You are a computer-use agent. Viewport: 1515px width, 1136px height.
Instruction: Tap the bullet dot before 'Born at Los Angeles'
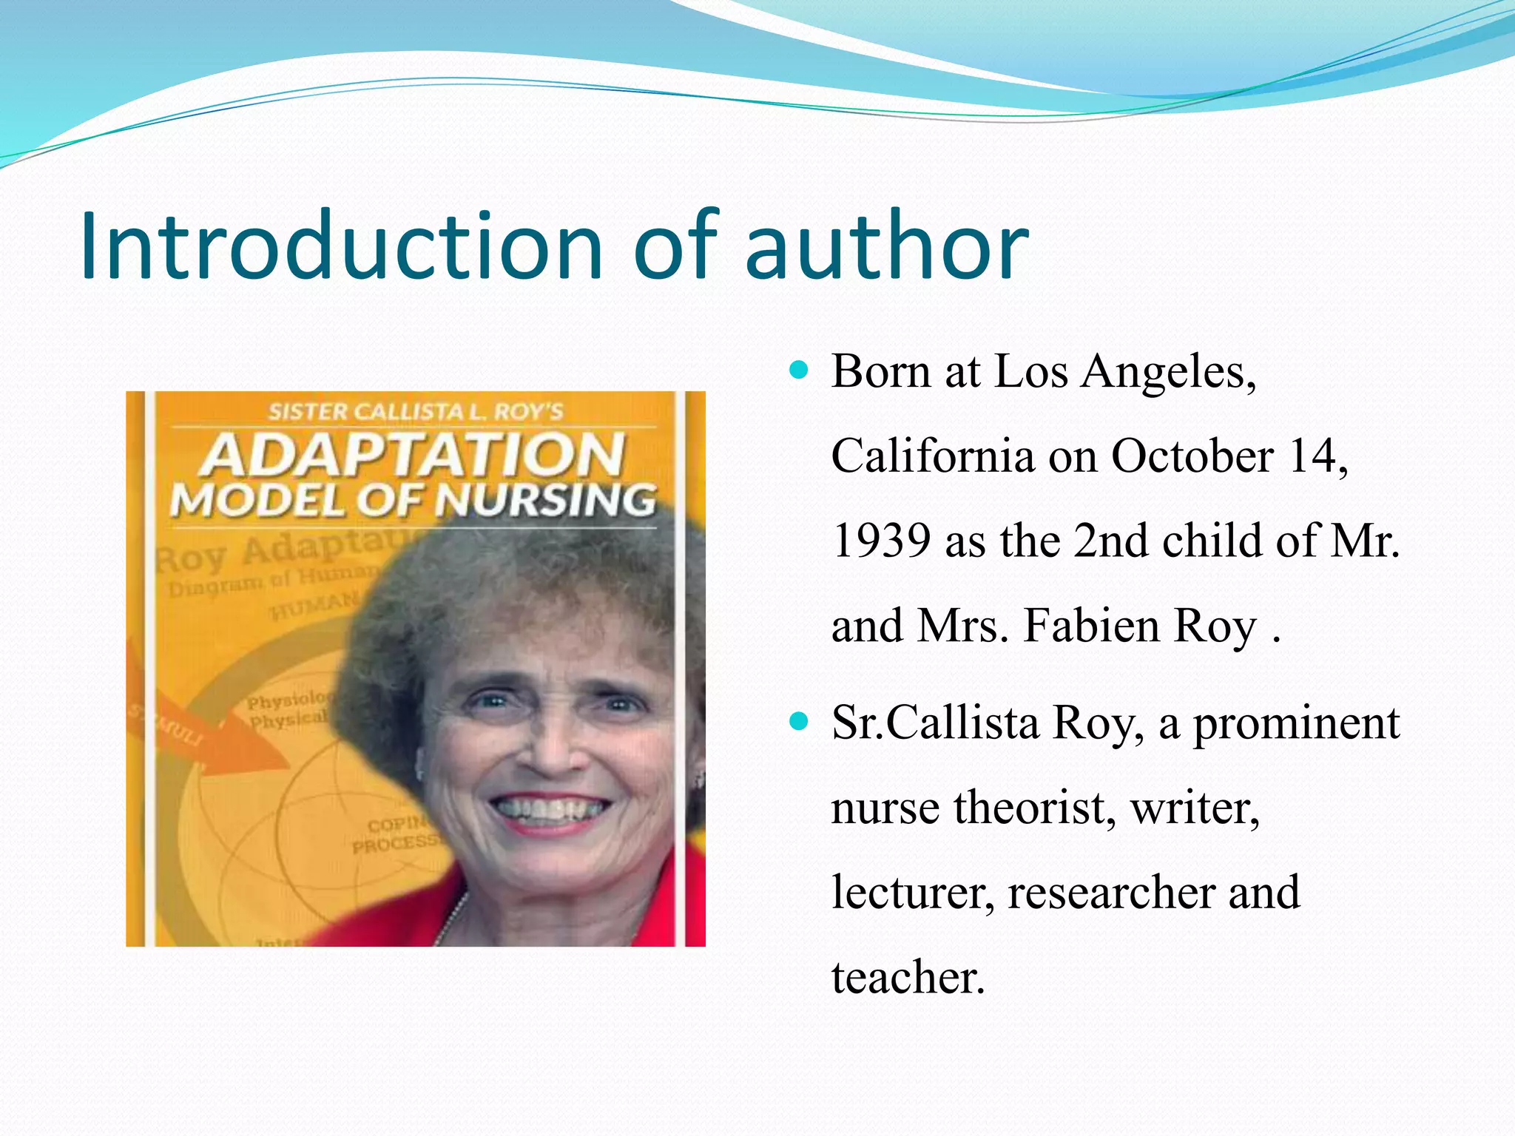coord(798,368)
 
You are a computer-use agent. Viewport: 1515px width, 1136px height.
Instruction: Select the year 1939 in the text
coord(881,540)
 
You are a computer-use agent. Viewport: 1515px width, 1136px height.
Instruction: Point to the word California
coord(932,456)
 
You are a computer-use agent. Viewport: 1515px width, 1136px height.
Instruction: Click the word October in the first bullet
coord(1192,456)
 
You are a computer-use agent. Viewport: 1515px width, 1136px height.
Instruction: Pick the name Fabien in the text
coord(1092,626)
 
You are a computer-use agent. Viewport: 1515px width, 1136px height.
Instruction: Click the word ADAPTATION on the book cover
coord(414,455)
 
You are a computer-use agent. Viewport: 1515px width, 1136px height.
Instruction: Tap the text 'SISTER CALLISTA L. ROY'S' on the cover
coord(415,411)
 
